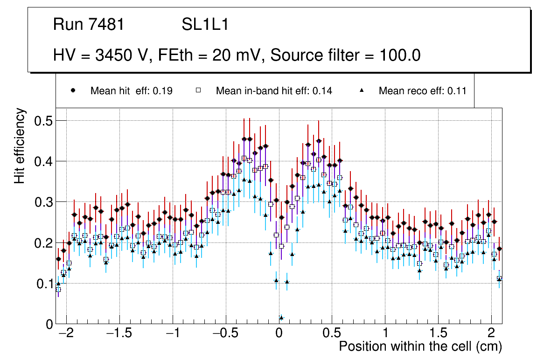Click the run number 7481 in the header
(107, 25)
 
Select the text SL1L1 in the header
(205, 25)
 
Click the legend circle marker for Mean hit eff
(73, 90)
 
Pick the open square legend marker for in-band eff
(198, 90)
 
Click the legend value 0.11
(457, 91)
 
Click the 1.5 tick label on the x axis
(438, 334)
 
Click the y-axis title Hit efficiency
(20, 146)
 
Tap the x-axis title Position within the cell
(420, 347)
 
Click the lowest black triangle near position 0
(281, 318)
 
